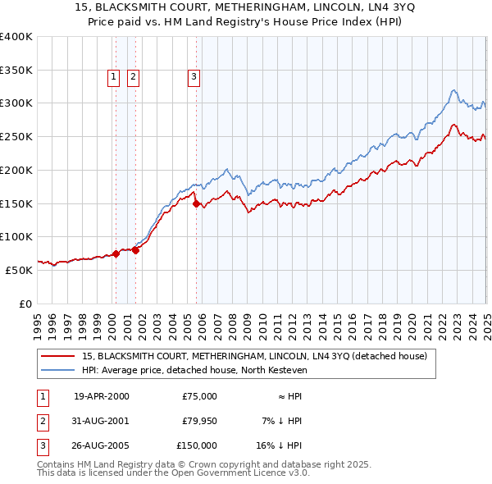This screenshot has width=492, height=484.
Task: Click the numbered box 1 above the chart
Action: (113, 78)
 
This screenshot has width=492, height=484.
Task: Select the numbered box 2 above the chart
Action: (133, 78)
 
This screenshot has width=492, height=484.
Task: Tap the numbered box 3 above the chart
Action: (194, 78)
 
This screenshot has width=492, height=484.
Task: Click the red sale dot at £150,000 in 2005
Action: (197, 203)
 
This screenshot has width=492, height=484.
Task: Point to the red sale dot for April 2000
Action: (116, 253)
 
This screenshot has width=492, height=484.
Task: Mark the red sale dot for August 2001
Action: (136, 250)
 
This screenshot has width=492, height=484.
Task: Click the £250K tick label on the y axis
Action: (16, 136)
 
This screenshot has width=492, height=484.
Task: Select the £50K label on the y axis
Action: (19, 270)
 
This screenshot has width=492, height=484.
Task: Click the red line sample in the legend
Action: (58, 357)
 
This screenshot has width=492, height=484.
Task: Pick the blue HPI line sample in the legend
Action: (58, 371)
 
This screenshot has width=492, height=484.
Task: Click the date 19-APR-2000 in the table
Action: (102, 396)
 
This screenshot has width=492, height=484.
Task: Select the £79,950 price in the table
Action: (199, 421)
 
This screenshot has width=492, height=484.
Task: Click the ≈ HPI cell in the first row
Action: (286, 396)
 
